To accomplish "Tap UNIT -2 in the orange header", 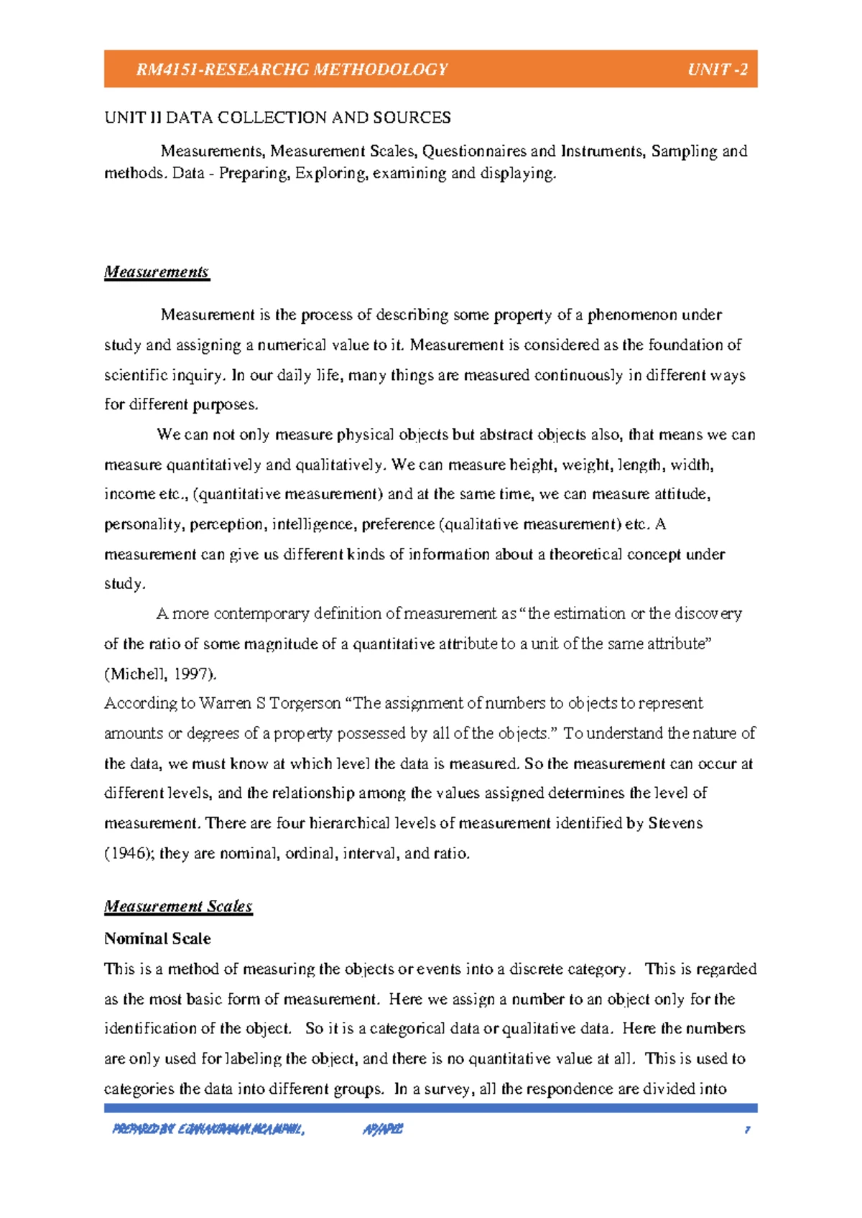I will tap(717, 70).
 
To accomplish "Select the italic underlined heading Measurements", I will tap(157, 272).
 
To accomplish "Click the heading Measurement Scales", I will tap(178, 906).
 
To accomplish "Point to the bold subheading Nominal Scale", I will tap(157, 939).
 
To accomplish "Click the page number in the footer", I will tap(747, 1130).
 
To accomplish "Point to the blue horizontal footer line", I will tap(431, 1108).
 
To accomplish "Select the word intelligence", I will tap(313, 524).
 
